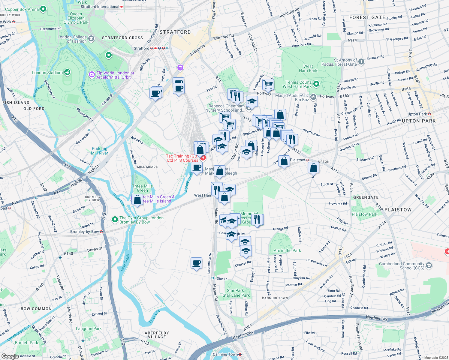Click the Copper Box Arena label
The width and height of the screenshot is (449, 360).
[x=22, y=9]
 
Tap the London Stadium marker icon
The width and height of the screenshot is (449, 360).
[x=67, y=72]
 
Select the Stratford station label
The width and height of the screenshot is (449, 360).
[x=141, y=48]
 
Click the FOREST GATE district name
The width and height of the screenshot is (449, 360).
[x=367, y=17]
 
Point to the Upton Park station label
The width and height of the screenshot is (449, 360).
[x=417, y=114]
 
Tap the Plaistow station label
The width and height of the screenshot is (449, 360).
[x=297, y=160]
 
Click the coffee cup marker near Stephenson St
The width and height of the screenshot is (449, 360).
[x=196, y=263]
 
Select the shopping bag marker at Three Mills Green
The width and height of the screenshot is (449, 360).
[x=137, y=199]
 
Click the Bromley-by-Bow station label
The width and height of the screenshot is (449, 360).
[x=84, y=232]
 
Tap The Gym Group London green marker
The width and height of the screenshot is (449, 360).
[x=115, y=220]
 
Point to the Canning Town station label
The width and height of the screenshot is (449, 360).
[x=225, y=354]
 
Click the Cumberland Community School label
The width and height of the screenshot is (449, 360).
[x=402, y=266]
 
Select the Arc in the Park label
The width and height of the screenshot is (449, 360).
[x=287, y=250]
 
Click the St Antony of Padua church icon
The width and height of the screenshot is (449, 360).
[x=361, y=62]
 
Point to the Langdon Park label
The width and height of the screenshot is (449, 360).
[x=89, y=328]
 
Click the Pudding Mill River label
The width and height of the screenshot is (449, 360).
[x=100, y=151]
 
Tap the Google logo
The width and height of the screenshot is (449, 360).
[x=10, y=356]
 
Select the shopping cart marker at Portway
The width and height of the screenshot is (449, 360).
[x=268, y=84]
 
